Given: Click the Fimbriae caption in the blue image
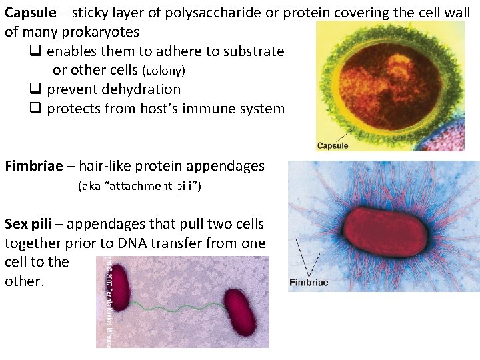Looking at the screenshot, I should (x=308, y=282).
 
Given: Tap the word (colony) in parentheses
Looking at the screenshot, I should (x=161, y=71).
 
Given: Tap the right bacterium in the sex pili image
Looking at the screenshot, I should (x=239, y=311).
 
